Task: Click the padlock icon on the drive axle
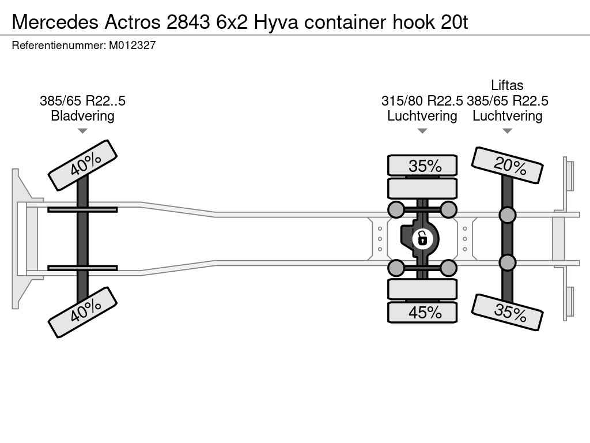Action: pos(422,239)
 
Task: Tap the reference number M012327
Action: pos(132,46)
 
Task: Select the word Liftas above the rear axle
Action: pos(507,85)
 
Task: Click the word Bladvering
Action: pos(82,115)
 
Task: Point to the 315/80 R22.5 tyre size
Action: pos(422,101)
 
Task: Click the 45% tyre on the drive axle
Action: pos(422,312)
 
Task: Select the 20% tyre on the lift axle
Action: pos(507,166)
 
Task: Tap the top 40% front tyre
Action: pos(83,166)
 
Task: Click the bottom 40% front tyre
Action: pos(83,312)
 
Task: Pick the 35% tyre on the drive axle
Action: pos(422,166)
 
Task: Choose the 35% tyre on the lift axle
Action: pos(507,312)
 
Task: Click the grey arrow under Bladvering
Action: pos(82,131)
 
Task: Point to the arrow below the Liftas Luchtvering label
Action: pos(507,131)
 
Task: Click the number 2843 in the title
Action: pos(188,22)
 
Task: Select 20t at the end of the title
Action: pos(454,22)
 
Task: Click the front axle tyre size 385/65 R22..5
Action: pos(82,101)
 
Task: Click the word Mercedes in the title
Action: pos(55,22)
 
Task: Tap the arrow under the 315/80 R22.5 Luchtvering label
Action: pos(422,131)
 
